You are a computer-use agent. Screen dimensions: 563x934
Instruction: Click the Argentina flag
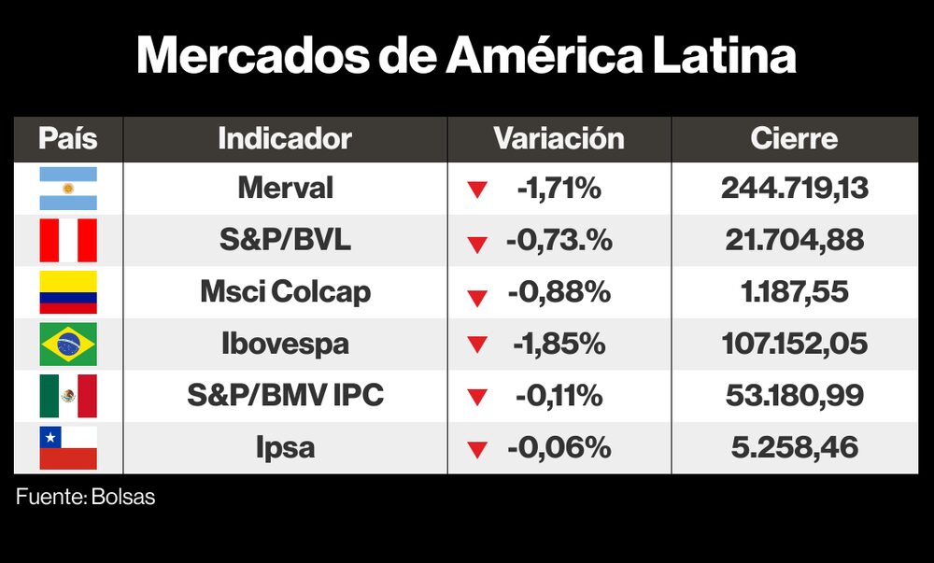click(67, 189)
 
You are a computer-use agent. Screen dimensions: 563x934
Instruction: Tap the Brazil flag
click(67, 344)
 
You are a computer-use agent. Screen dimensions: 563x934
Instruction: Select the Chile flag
click(67, 447)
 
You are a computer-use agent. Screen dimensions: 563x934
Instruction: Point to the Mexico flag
click(67, 396)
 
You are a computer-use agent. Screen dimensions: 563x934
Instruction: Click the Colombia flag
click(67, 292)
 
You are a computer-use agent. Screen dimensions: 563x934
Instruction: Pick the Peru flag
click(67, 240)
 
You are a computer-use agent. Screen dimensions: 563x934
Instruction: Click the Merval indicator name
click(285, 189)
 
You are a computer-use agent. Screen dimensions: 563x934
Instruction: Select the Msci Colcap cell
click(285, 292)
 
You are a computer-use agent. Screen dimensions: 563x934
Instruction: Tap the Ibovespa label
click(285, 344)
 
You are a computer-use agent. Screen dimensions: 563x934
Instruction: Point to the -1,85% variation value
click(559, 344)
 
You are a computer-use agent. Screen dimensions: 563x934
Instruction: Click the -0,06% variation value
click(559, 447)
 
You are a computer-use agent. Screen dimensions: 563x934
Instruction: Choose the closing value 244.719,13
click(794, 189)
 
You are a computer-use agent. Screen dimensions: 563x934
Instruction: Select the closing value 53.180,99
click(794, 396)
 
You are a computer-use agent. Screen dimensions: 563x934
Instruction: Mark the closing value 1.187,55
click(794, 292)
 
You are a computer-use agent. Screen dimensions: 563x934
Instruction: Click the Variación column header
click(559, 139)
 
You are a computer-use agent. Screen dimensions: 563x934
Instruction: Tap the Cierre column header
click(794, 139)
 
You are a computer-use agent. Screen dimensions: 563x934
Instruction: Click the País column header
click(67, 139)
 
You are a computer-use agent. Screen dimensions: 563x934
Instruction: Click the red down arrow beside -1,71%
click(477, 190)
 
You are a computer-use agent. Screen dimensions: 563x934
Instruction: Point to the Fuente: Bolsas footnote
click(86, 498)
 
